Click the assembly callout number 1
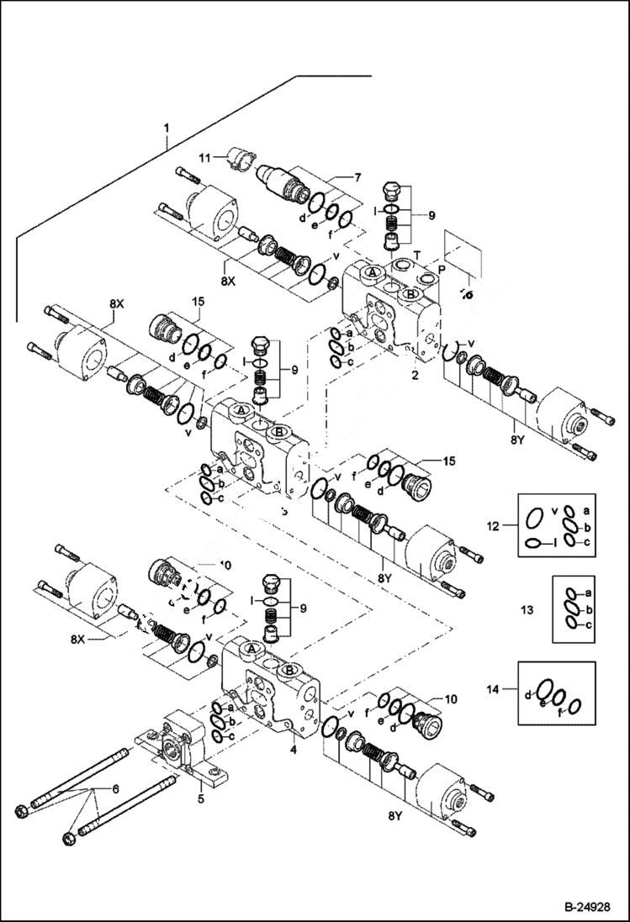pos(167,128)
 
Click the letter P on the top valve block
pos(442,271)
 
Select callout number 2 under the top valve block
pos(414,376)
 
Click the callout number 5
pos(200,798)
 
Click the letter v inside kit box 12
pos(553,509)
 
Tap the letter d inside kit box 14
pos(527,695)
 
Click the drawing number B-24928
pos(580,907)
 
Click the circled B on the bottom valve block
pos(290,670)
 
